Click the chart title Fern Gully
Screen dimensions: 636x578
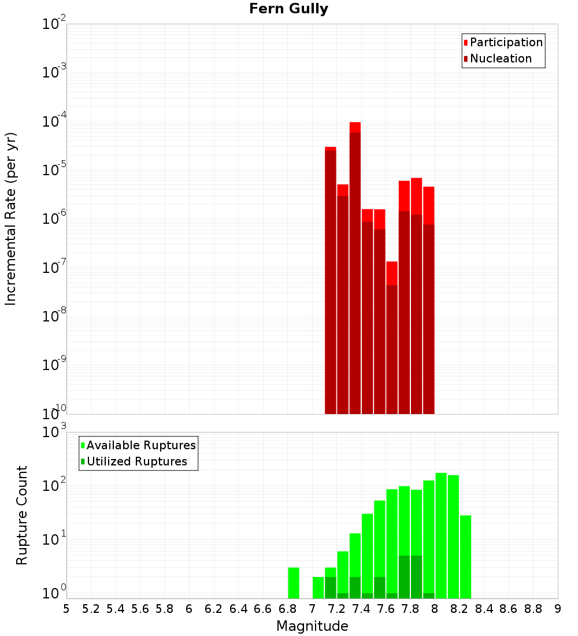pyautogui.click(x=289, y=9)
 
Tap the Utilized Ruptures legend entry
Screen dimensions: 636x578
pyautogui.click(x=136, y=461)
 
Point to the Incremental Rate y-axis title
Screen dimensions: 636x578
pyautogui.click(x=11, y=219)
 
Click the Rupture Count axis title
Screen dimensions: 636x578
pyautogui.click(x=22, y=515)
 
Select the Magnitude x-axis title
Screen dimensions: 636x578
pyautogui.click(x=312, y=626)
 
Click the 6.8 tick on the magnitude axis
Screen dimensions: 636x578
pyautogui.click(x=287, y=609)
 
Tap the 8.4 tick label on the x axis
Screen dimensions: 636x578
pyautogui.click(x=484, y=609)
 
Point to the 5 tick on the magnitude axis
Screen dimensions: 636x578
pyautogui.click(x=66, y=609)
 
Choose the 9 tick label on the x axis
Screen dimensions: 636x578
pyautogui.click(x=558, y=609)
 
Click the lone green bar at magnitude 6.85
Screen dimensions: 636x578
pyautogui.click(x=294, y=583)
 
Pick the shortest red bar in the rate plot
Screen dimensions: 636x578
pyautogui.click(x=392, y=335)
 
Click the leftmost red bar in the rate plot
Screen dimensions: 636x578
pyautogui.click(x=330, y=278)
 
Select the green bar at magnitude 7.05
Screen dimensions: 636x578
pyautogui.click(x=318, y=587)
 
